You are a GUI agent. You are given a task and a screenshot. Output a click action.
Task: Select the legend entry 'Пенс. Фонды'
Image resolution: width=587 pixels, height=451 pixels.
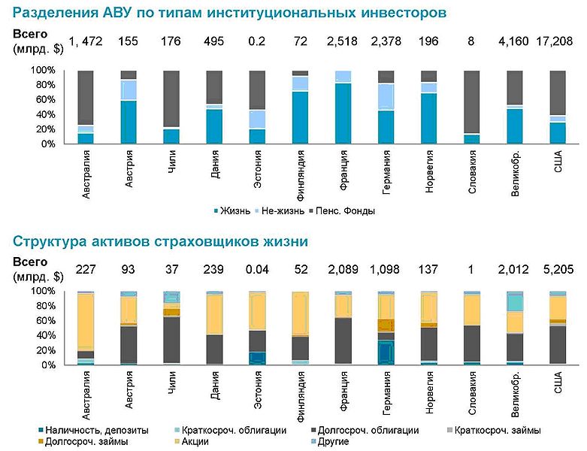click(345, 211)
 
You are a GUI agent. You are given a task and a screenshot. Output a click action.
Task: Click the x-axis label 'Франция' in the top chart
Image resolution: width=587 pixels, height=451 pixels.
click(343, 170)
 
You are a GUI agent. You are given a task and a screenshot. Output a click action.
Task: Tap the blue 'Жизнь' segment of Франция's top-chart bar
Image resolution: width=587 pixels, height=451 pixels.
click(343, 113)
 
